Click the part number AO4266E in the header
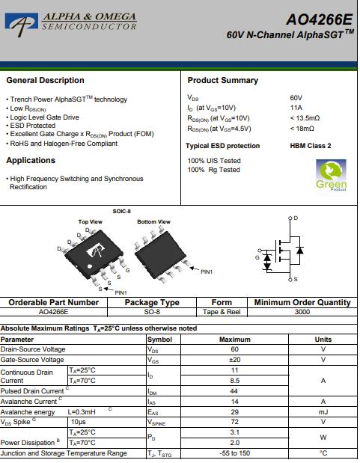pyautogui.click(x=320, y=19)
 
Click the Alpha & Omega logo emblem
pyautogui.click(x=22, y=24)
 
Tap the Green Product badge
pyautogui.click(x=331, y=175)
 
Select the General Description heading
pyautogui.click(x=45, y=80)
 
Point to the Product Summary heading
pyautogui.click(x=222, y=80)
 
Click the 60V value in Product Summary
pyautogui.click(x=296, y=98)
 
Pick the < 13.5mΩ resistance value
pyautogui.click(x=305, y=118)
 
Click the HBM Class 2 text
pyautogui.click(x=311, y=146)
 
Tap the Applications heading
pyautogui.click(x=31, y=160)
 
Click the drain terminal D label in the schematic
pyautogui.click(x=296, y=218)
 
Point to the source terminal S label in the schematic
pyautogui.click(x=296, y=279)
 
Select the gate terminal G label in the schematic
pyautogui.click(x=257, y=257)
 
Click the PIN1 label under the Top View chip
pyautogui.click(x=120, y=292)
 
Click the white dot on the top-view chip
pyautogui.click(x=90, y=266)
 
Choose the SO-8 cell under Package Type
pyautogui.click(x=152, y=312)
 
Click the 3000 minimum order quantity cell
pyautogui.click(x=302, y=312)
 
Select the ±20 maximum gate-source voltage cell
pyautogui.click(x=235, y=360)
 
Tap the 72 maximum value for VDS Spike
pyautogui.click(x=235, y=422)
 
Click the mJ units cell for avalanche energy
pyautogui.click(x=323, y=412)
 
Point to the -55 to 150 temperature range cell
pyautogui.click(x=235, y=453)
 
